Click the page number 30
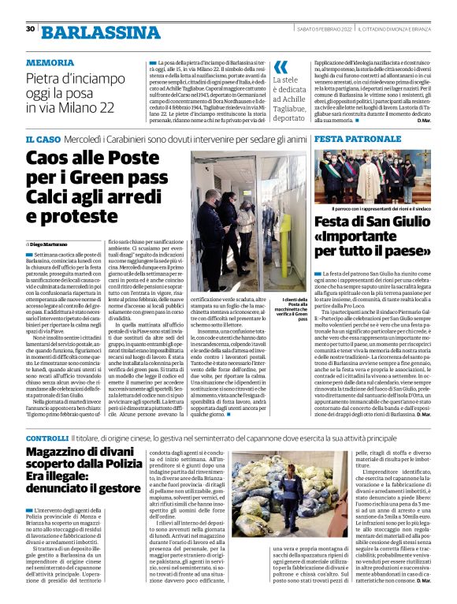point(30,29)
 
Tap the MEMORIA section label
point(50,62)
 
